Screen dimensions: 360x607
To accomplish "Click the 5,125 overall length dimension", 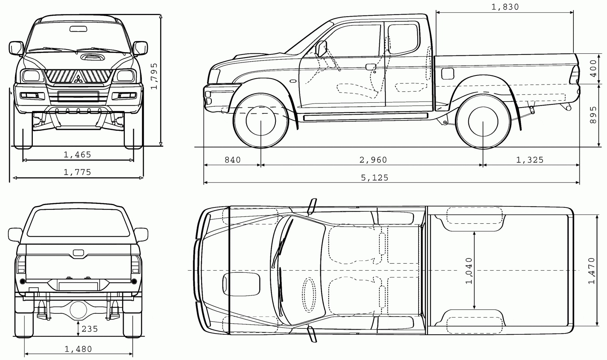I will (374, 178).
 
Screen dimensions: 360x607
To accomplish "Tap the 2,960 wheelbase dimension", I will (373, 160).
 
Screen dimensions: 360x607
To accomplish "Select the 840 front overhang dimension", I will (232, 160).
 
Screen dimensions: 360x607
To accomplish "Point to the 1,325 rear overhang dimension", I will (530, 160).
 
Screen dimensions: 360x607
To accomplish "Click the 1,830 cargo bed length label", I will (505, 7).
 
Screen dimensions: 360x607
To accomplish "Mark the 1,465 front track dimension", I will (77, 155).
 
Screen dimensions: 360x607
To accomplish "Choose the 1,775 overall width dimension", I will (77, 172).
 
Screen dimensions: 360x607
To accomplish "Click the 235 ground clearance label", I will (90, 329).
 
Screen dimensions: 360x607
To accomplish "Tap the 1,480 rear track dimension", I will (78, 349).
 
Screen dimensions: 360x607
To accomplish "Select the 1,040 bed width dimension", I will (469, 271).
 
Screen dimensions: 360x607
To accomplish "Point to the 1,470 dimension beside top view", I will (592, 271).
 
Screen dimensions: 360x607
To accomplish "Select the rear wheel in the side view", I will (483, 121).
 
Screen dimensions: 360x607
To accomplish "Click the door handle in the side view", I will (371, 67).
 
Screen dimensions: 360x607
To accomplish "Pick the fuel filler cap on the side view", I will (447, 73).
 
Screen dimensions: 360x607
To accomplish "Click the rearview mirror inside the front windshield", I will (78, 28).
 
